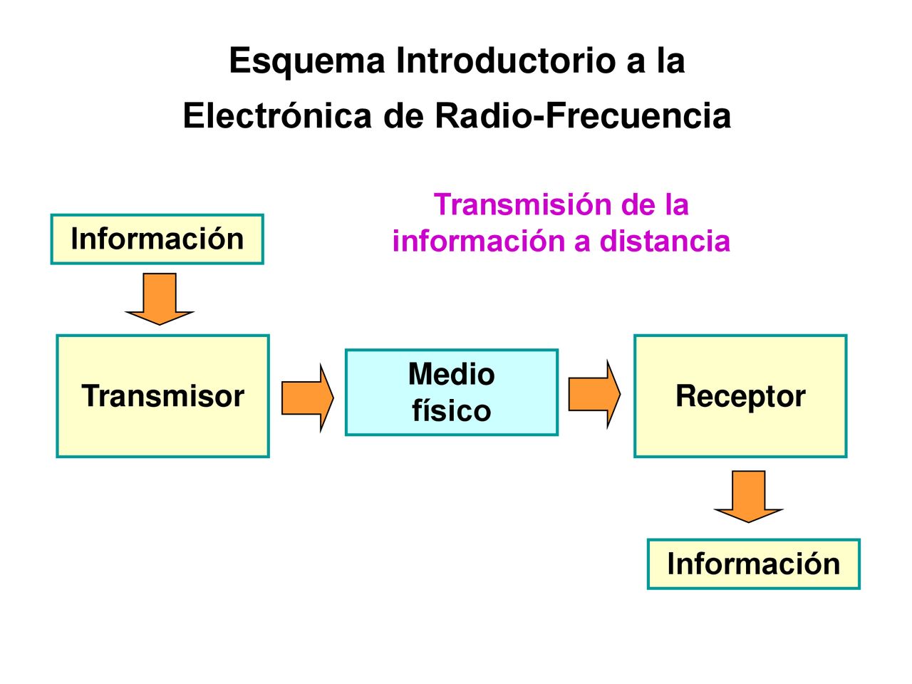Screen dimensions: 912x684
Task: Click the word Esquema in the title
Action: [x=307, y=61]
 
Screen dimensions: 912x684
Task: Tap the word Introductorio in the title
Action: [x=505, y=61]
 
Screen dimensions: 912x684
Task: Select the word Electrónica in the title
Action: [x=277, y=116]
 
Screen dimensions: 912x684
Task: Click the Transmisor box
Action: [x=163, y=395]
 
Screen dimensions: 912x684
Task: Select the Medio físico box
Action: [x=451, y=393]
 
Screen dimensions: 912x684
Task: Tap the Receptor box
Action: [x=740, y=395]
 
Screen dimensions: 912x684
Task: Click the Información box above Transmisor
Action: [x=157, y=239]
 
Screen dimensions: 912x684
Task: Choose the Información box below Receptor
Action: [x=753, y=564]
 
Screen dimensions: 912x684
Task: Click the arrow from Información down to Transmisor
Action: [x=160, y=299]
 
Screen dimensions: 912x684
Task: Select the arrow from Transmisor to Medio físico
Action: [x=308, y=398]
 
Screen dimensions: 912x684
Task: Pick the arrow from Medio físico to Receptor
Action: [x=594, y=395]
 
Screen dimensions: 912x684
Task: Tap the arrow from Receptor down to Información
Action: [x=748, y=497]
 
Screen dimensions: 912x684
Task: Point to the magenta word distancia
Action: [x=665, y=242]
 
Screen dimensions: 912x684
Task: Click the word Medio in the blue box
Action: [x=451, y=374]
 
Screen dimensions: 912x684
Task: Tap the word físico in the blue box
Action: [x=451, y=410]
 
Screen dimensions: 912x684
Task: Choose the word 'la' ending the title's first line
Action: [x=670, y=61]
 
